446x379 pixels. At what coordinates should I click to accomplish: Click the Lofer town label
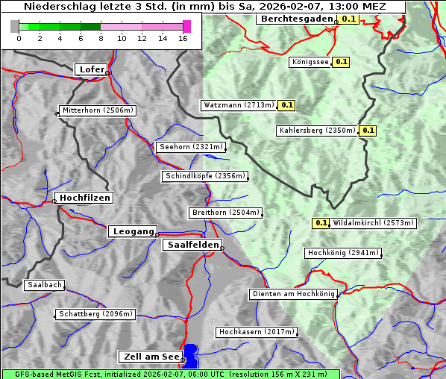click(x=92, y=69)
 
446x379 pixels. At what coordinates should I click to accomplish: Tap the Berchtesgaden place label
click(x=296, y=19)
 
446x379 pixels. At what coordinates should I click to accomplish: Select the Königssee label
click(x=310, y=62)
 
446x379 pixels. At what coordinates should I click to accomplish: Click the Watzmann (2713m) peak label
click(x=239, y=105)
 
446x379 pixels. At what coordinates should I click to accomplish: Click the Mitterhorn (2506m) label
click(x=98, y=110)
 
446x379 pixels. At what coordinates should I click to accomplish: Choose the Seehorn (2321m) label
click(x=191, y=147)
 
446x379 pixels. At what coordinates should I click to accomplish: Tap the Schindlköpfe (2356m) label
click(x=204, y=176)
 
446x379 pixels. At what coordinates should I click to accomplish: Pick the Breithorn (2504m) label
click(x=225, y=213)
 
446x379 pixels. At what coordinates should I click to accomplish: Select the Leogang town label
click(x=133, y=231)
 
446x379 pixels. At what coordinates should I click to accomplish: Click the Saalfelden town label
click(x=192, y=245)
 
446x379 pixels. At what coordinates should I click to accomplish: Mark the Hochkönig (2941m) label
click(x=343, y=253)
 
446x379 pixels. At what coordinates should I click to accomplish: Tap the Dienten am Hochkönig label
click(x=293, y=294)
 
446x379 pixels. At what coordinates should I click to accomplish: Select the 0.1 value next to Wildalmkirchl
click(x=321, y=223)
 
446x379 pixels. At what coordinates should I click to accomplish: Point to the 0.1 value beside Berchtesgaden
click(x=348, y=19)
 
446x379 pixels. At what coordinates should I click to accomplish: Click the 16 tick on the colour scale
click(x=183, y=38)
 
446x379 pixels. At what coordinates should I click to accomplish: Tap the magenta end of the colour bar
click(x=186, y=26)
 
